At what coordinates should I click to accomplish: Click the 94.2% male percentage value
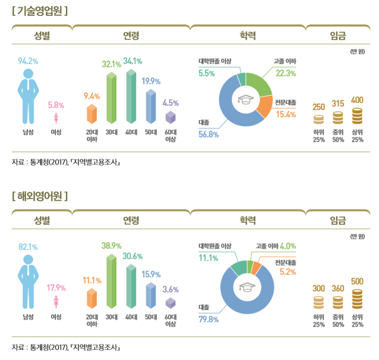28,61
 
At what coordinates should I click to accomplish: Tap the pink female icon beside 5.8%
56,118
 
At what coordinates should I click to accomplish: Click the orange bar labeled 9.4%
92,115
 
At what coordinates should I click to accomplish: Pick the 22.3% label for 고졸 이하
285,73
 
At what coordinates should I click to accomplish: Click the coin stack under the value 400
357,116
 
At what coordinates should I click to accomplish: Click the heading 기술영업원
40,10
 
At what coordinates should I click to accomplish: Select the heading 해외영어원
40,196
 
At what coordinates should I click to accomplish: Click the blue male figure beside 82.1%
28,281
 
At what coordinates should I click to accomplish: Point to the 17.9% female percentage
56,288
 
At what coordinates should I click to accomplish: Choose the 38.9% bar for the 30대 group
112,281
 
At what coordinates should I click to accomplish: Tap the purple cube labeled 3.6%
171,303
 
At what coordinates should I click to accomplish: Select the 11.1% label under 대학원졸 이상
209,258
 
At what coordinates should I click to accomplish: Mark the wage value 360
338,288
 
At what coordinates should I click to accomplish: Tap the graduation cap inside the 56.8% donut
246,100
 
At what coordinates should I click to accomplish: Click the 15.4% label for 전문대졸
285,115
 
